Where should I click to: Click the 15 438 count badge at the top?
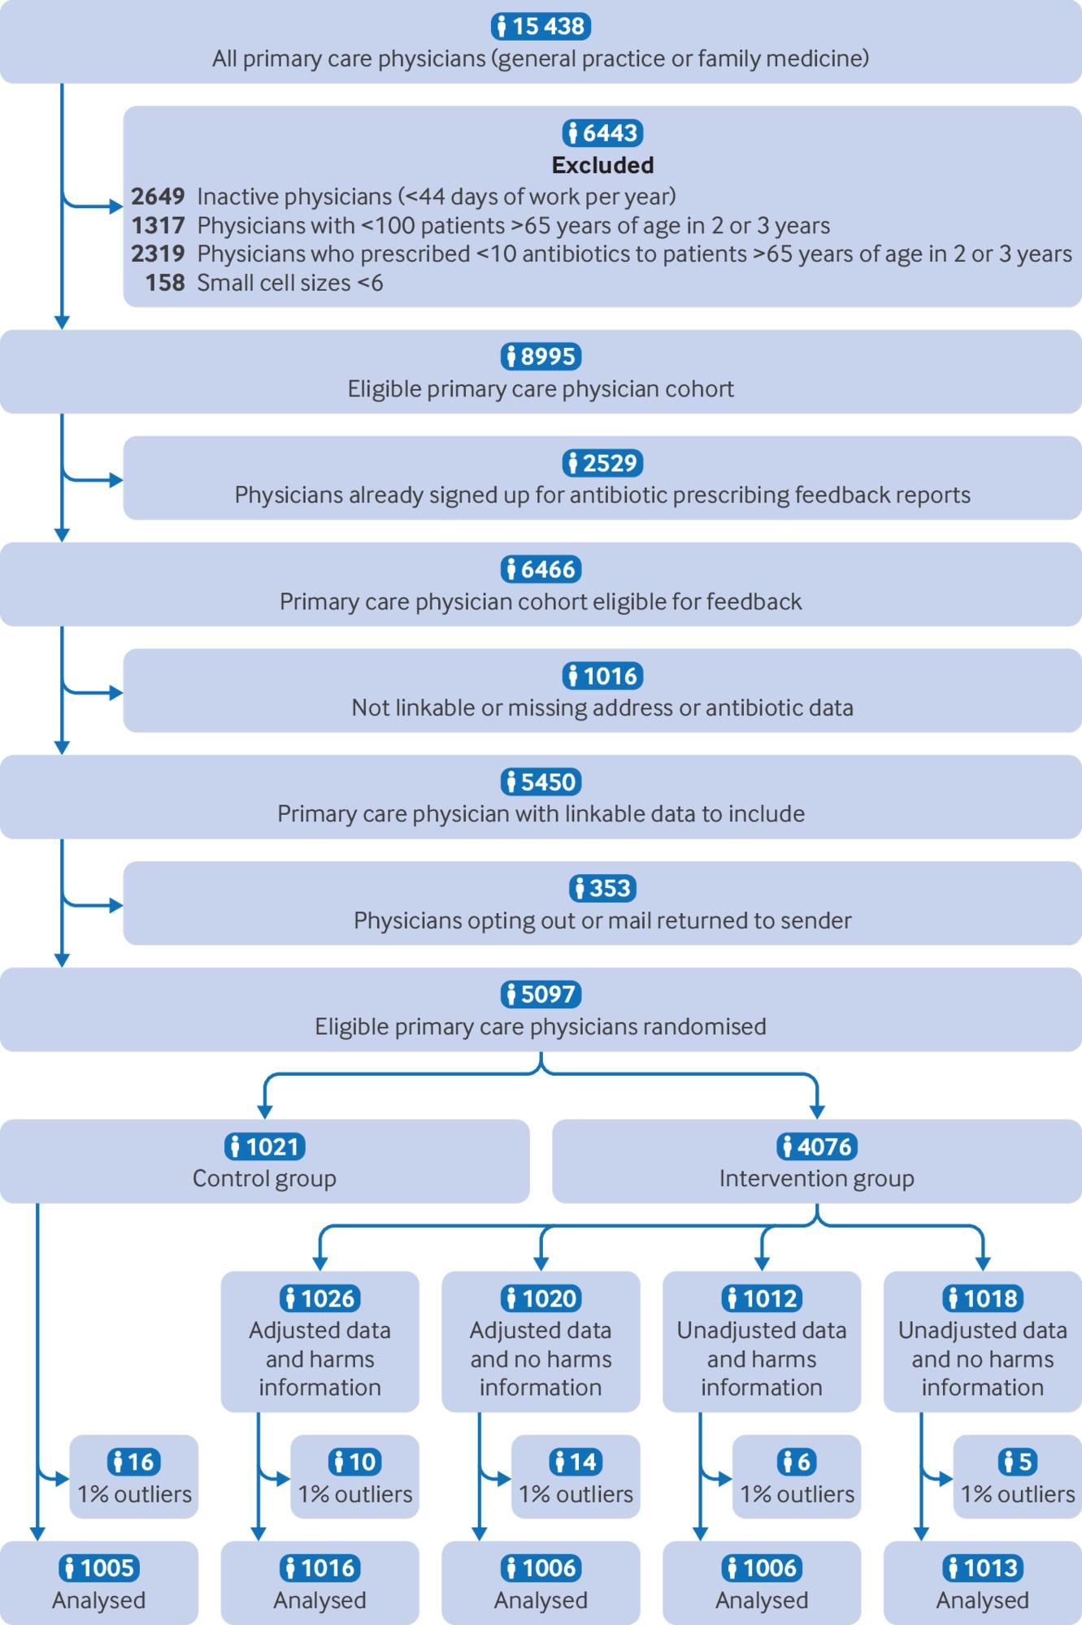point(541,26)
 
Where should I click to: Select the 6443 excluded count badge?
point(602,132)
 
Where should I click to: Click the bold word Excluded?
point(602,165)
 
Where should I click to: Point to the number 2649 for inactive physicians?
point(159,197)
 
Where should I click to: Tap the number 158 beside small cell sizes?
point(165,283)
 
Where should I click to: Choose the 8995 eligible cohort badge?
point(541,356)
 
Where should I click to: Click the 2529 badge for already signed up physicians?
point(602,462)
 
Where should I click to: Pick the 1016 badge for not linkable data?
point(602,675)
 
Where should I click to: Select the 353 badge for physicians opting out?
point(602,888)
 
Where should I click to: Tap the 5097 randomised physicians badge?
point(541,994)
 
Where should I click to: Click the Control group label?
point(264,1178)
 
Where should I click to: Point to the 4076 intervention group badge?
point(817,1146)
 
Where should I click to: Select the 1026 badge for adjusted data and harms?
point(319,1298)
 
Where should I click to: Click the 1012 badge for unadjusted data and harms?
point(762,1298)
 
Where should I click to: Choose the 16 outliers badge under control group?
point(134,1462)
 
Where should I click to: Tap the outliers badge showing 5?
point(1018,1462)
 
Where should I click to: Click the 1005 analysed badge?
point(98,1567)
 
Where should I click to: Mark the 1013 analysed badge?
point(982,1567)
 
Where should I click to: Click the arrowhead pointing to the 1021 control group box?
point(264,1111)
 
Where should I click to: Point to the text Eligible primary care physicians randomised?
point(541,1027)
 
